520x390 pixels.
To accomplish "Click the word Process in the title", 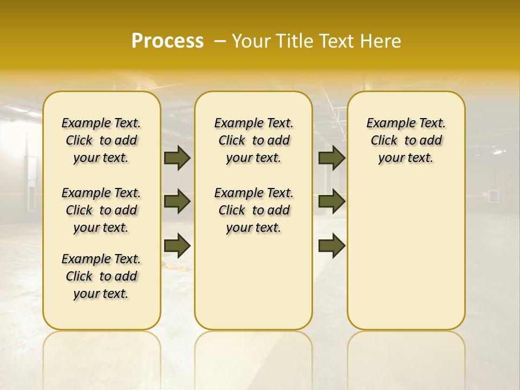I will click(x=167, y=41).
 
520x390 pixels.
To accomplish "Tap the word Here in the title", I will click(x=381, y=41).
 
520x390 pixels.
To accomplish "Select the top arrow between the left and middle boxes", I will click(x=177, y=158).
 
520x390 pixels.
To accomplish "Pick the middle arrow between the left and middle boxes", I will click(x=177, y=201).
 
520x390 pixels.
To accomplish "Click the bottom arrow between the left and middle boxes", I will click(x=177, y=245).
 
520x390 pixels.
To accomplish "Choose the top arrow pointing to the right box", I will click(x=331, y=158).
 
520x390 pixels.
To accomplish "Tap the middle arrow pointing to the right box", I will click(x=331, y=201).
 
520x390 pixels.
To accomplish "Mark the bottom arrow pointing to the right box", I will click(x=331, y=245).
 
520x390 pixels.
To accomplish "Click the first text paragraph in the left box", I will click(x=101, y=140).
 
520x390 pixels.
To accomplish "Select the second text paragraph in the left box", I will click(x=101, y=210).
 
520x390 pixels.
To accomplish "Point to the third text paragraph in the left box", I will click(x=101, y=276).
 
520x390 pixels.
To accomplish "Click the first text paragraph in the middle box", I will click(x=253, y=140).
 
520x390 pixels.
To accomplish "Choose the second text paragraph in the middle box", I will click(x=253, y=210).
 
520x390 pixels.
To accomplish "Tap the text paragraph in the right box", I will click(x=406, y=140).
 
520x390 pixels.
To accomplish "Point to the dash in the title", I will click(x=220, y=41).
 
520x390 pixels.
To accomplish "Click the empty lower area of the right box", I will click(x=406, y=255).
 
